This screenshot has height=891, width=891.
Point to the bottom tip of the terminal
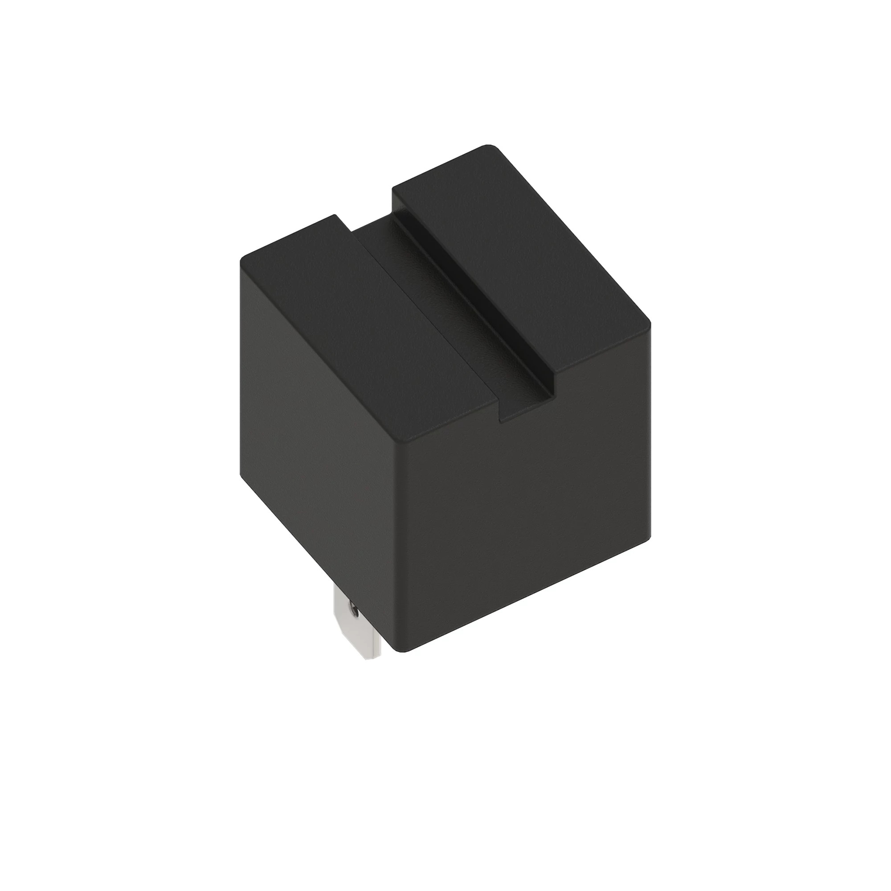click(371, 657)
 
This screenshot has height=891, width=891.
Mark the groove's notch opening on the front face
click(526, 406)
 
